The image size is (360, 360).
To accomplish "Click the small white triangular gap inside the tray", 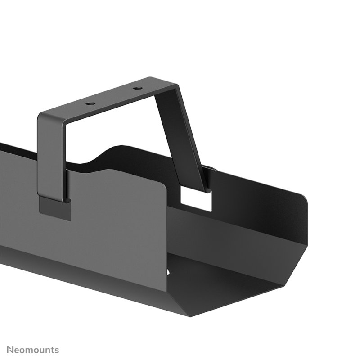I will [x=170, y=272].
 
